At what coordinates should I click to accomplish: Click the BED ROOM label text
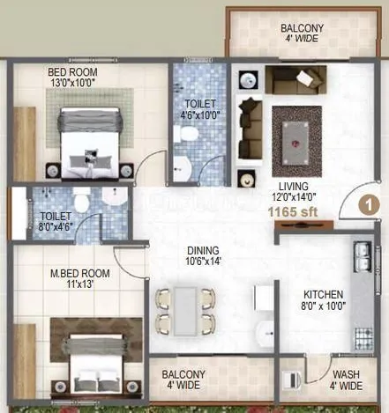[73, 71]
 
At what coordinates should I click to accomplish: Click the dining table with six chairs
[185, 310]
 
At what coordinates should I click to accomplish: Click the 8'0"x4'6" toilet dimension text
[56, 225]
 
